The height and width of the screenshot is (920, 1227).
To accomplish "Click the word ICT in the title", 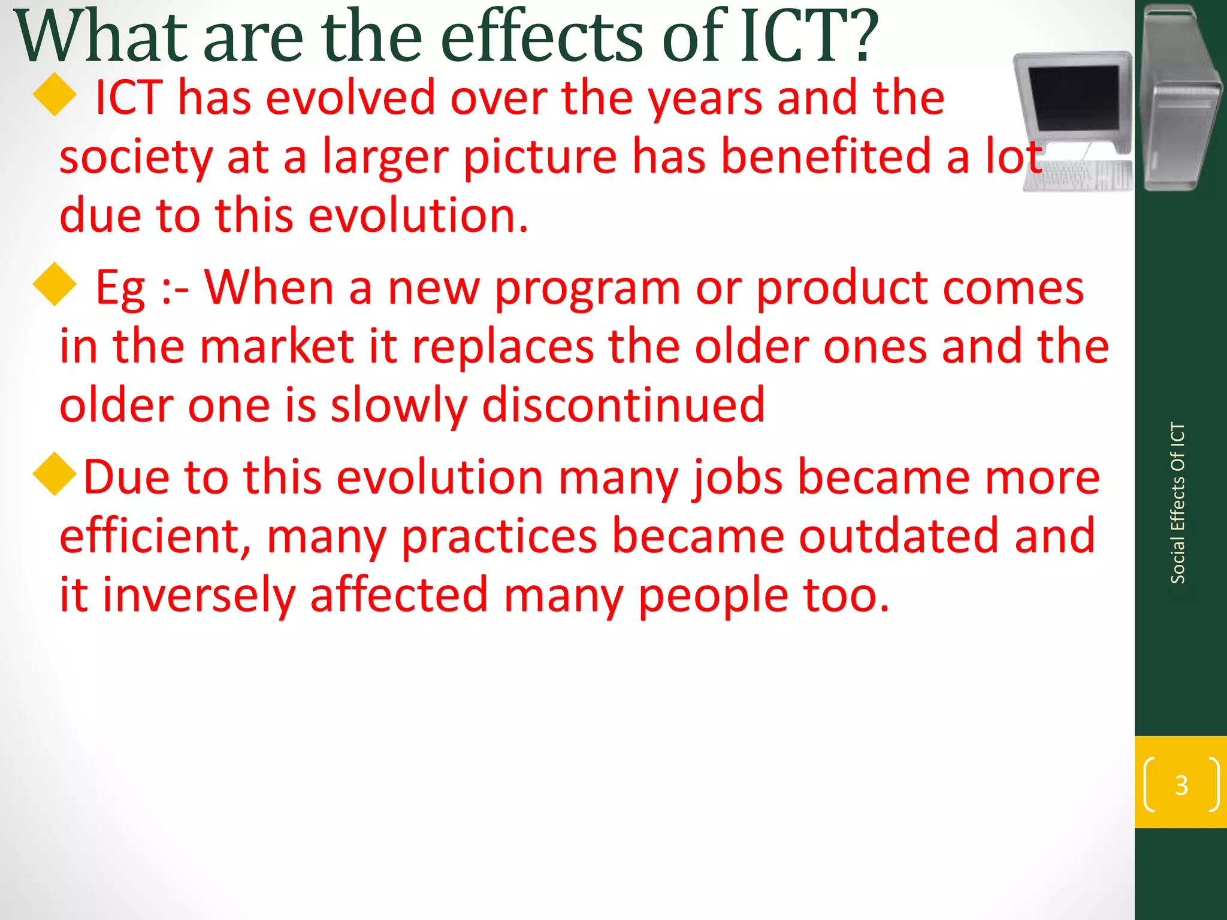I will tap(793, 37).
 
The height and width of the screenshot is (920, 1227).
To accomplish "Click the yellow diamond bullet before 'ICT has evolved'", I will tap(55, 95).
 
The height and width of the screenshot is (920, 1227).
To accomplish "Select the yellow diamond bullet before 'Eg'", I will tap(55, 285).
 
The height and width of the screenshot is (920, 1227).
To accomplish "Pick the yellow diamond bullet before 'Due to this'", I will tap(55, 474).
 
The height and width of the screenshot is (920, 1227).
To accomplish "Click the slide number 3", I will tap(1181, 785).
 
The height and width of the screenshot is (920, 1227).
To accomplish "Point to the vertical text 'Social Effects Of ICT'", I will tap(1177, 503).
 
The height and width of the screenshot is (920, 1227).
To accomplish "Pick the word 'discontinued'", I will tap(623, 406).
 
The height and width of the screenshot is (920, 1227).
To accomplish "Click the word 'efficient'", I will tap(155, 536).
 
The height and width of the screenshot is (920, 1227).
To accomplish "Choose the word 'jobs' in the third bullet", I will tap(737, 478).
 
